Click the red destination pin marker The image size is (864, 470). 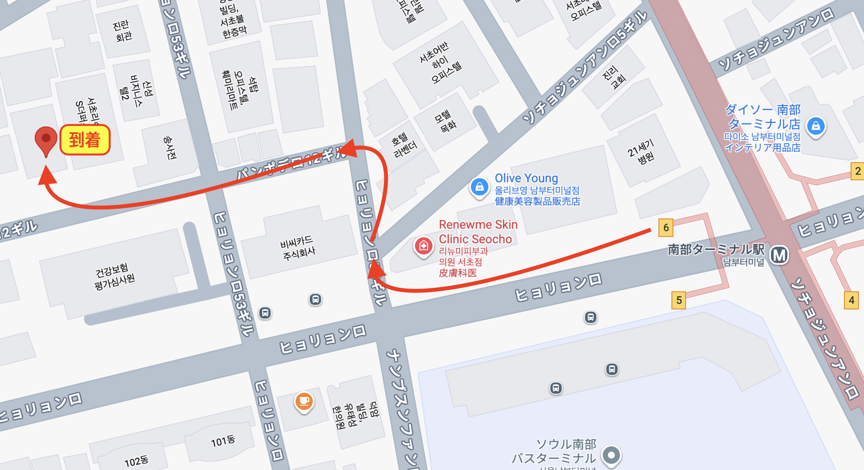tap(46, 139)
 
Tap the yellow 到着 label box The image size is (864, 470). tap(85, 140)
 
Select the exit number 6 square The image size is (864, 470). tap(666, 228)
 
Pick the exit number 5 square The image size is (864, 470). tap(679, 300)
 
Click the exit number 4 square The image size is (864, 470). tap(851, 300)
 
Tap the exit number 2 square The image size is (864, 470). tap(857, 171)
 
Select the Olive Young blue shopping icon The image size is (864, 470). tap(479, 187)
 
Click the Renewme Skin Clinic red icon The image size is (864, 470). tap(423, 246)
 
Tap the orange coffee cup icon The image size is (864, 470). tap(304, 401)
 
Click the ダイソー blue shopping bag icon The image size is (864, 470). tap(816, 126)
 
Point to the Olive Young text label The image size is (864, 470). tap(526, 178)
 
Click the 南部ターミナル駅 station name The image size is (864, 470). tap(716, 249)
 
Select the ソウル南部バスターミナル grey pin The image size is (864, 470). tap(611, 455)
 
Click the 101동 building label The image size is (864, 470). tap(223, 441)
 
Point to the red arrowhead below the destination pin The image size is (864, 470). tap(47, 176)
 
